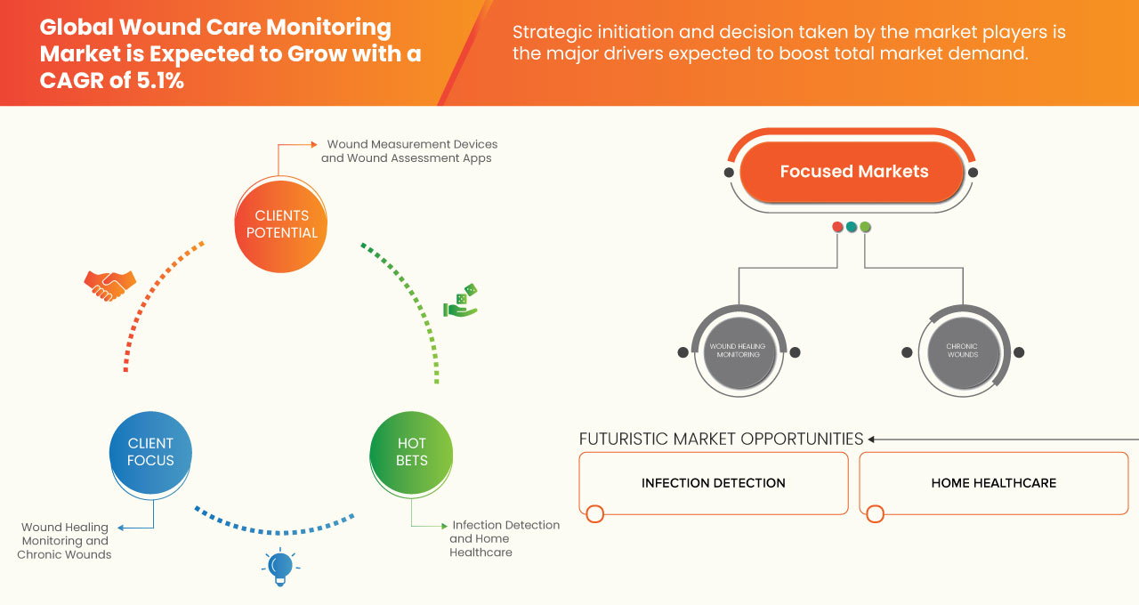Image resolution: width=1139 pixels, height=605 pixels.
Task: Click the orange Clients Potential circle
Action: tap(280, 224)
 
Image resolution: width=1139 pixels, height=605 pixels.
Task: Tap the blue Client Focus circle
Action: tap(150, 452)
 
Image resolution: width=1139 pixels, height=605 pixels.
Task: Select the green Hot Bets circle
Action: tap(411, 452)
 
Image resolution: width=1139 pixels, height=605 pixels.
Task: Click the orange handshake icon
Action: tap(109, 285)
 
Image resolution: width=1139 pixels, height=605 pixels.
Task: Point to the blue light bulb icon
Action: tap(280, 567)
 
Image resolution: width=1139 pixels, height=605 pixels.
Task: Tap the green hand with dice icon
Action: tap(461, 302)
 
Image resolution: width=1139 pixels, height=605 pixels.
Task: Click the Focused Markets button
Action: tap(853, 172)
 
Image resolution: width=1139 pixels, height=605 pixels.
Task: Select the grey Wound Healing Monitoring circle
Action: tap(739, 351)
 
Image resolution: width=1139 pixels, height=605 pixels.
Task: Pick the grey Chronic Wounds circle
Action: tap(962, 351)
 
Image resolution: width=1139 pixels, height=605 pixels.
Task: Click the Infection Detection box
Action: tap(714, 483)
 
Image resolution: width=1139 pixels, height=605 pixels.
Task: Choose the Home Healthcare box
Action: tap(993, 483)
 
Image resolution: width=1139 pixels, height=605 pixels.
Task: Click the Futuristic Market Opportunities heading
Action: tap(721, 439)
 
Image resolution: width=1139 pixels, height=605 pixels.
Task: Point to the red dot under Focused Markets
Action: tap(837, 227)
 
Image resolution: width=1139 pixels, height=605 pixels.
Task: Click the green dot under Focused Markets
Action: tap(865, 227)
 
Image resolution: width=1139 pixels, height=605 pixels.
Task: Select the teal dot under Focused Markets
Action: tap(852, 227)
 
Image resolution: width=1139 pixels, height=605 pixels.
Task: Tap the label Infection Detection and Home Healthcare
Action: tap(504, 538)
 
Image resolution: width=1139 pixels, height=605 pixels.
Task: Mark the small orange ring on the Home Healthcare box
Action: tap(875, 513)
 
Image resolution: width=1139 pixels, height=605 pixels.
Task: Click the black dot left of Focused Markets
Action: tap(730, 172)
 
